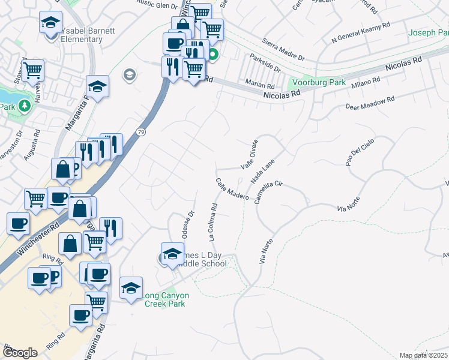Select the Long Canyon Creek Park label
(x=166, y=299)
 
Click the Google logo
(x=20, y=353)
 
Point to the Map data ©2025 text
(x=423, y=355)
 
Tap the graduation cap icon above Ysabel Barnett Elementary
(x=50, y=23)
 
